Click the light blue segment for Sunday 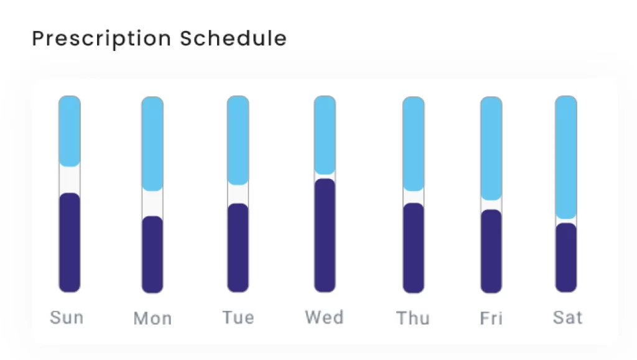[70, 131]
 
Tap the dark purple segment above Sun [70, 242]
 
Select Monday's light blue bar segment [152, 144]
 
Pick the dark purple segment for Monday [152, 254]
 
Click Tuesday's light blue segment [238, 141]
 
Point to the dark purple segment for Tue [238, 247]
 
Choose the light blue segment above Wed [325, 135]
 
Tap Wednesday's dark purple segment [325, 236]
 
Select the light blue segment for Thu [414, 144]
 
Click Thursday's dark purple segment [414, 248]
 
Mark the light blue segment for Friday [491, 149]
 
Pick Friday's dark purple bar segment [491, 251]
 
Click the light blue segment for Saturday [566, 157]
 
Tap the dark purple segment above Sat [566, 258]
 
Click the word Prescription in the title [101, 39]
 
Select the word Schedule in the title [234, 39]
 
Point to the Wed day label [325, 317]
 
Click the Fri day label [491, 318]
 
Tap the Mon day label [153, 318]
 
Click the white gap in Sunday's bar [70, 180]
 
